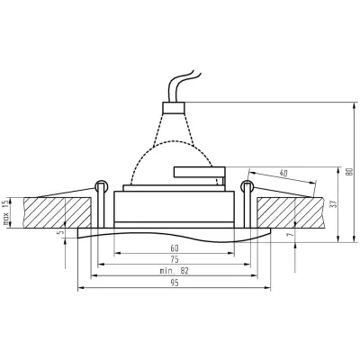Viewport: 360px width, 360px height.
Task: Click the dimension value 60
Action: pos(175,248)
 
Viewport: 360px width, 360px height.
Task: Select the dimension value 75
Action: pos(175,259)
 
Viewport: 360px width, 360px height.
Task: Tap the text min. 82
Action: pos(175,271)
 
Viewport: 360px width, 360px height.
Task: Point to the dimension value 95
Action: pos(175,283)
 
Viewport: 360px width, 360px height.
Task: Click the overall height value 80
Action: pos(349,172)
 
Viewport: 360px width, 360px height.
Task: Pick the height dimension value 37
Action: pos(335,204)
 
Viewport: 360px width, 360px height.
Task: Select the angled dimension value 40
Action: pos(283,173)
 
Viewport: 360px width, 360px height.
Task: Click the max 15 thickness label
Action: pos(5,212)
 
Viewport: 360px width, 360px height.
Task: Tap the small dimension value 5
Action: pos(62,232)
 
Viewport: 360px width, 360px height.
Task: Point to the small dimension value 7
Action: pos(290,235)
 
